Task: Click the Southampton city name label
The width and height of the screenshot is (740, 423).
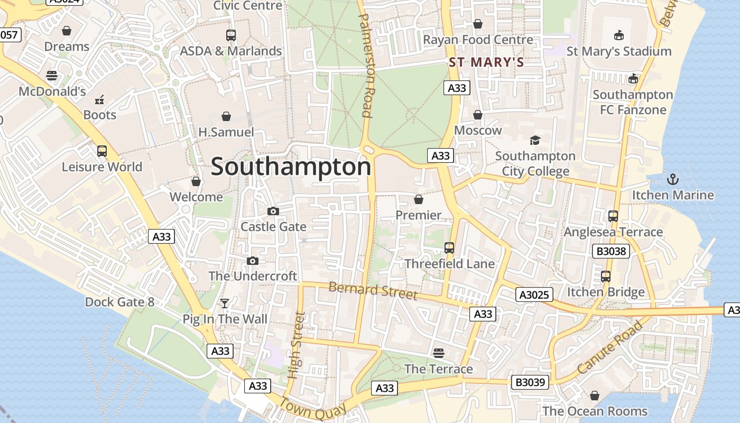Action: pos(291,167)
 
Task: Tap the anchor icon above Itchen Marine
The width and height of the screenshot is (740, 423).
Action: pos(672,179)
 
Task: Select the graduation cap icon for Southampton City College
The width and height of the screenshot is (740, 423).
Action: pos(535,140)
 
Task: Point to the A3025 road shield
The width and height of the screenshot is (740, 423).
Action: pos(534,295)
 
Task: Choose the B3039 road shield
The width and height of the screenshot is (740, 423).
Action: pos(530,382)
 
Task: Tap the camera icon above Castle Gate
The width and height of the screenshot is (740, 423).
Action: pos(273,212)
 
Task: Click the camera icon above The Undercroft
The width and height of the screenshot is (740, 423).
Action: pos(253,261)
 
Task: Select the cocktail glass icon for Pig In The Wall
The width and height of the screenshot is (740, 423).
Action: pos(225,304)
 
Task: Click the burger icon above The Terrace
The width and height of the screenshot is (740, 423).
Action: pos(438,353)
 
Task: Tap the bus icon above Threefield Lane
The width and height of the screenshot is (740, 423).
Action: pos(449,247)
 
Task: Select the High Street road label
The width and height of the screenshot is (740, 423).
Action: pos(297,345)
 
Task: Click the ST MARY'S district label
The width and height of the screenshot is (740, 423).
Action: pos(486,62)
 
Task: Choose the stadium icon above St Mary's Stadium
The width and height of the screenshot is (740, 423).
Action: pos(618,35)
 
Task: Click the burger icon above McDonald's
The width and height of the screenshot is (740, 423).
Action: pos(51,76)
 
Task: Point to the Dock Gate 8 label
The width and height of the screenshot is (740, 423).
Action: pos(119,302)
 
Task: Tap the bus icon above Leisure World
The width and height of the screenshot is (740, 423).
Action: pos(102,151)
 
